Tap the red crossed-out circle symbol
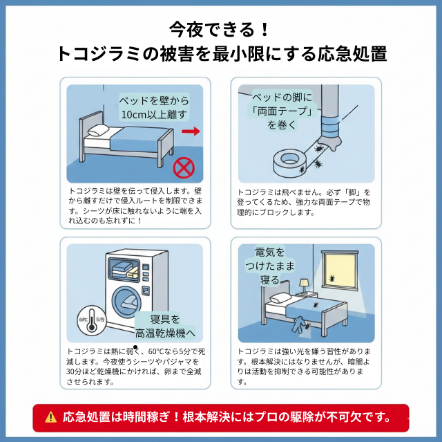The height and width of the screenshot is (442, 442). (x=183, y=167)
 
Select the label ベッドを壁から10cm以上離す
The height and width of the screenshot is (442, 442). (x=153, y=107)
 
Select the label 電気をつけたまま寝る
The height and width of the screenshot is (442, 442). (x=269, y=266)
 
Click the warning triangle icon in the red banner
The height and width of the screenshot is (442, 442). (x=50, y=417)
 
